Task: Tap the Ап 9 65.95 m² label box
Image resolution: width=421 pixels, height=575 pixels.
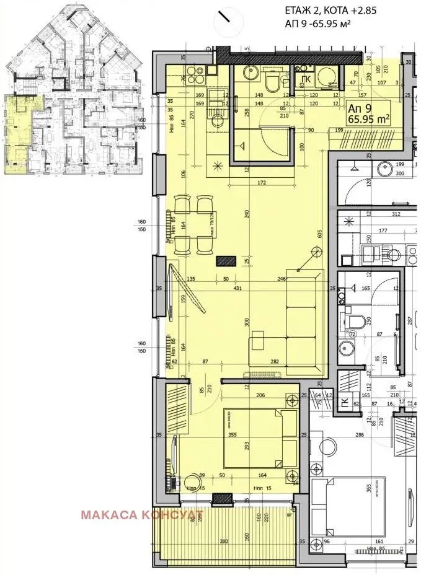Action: tap(368, 113)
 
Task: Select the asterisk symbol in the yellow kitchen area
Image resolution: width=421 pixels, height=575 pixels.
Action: tap(218, 165)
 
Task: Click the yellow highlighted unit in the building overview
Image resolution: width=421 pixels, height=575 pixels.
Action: tap(22, 133)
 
